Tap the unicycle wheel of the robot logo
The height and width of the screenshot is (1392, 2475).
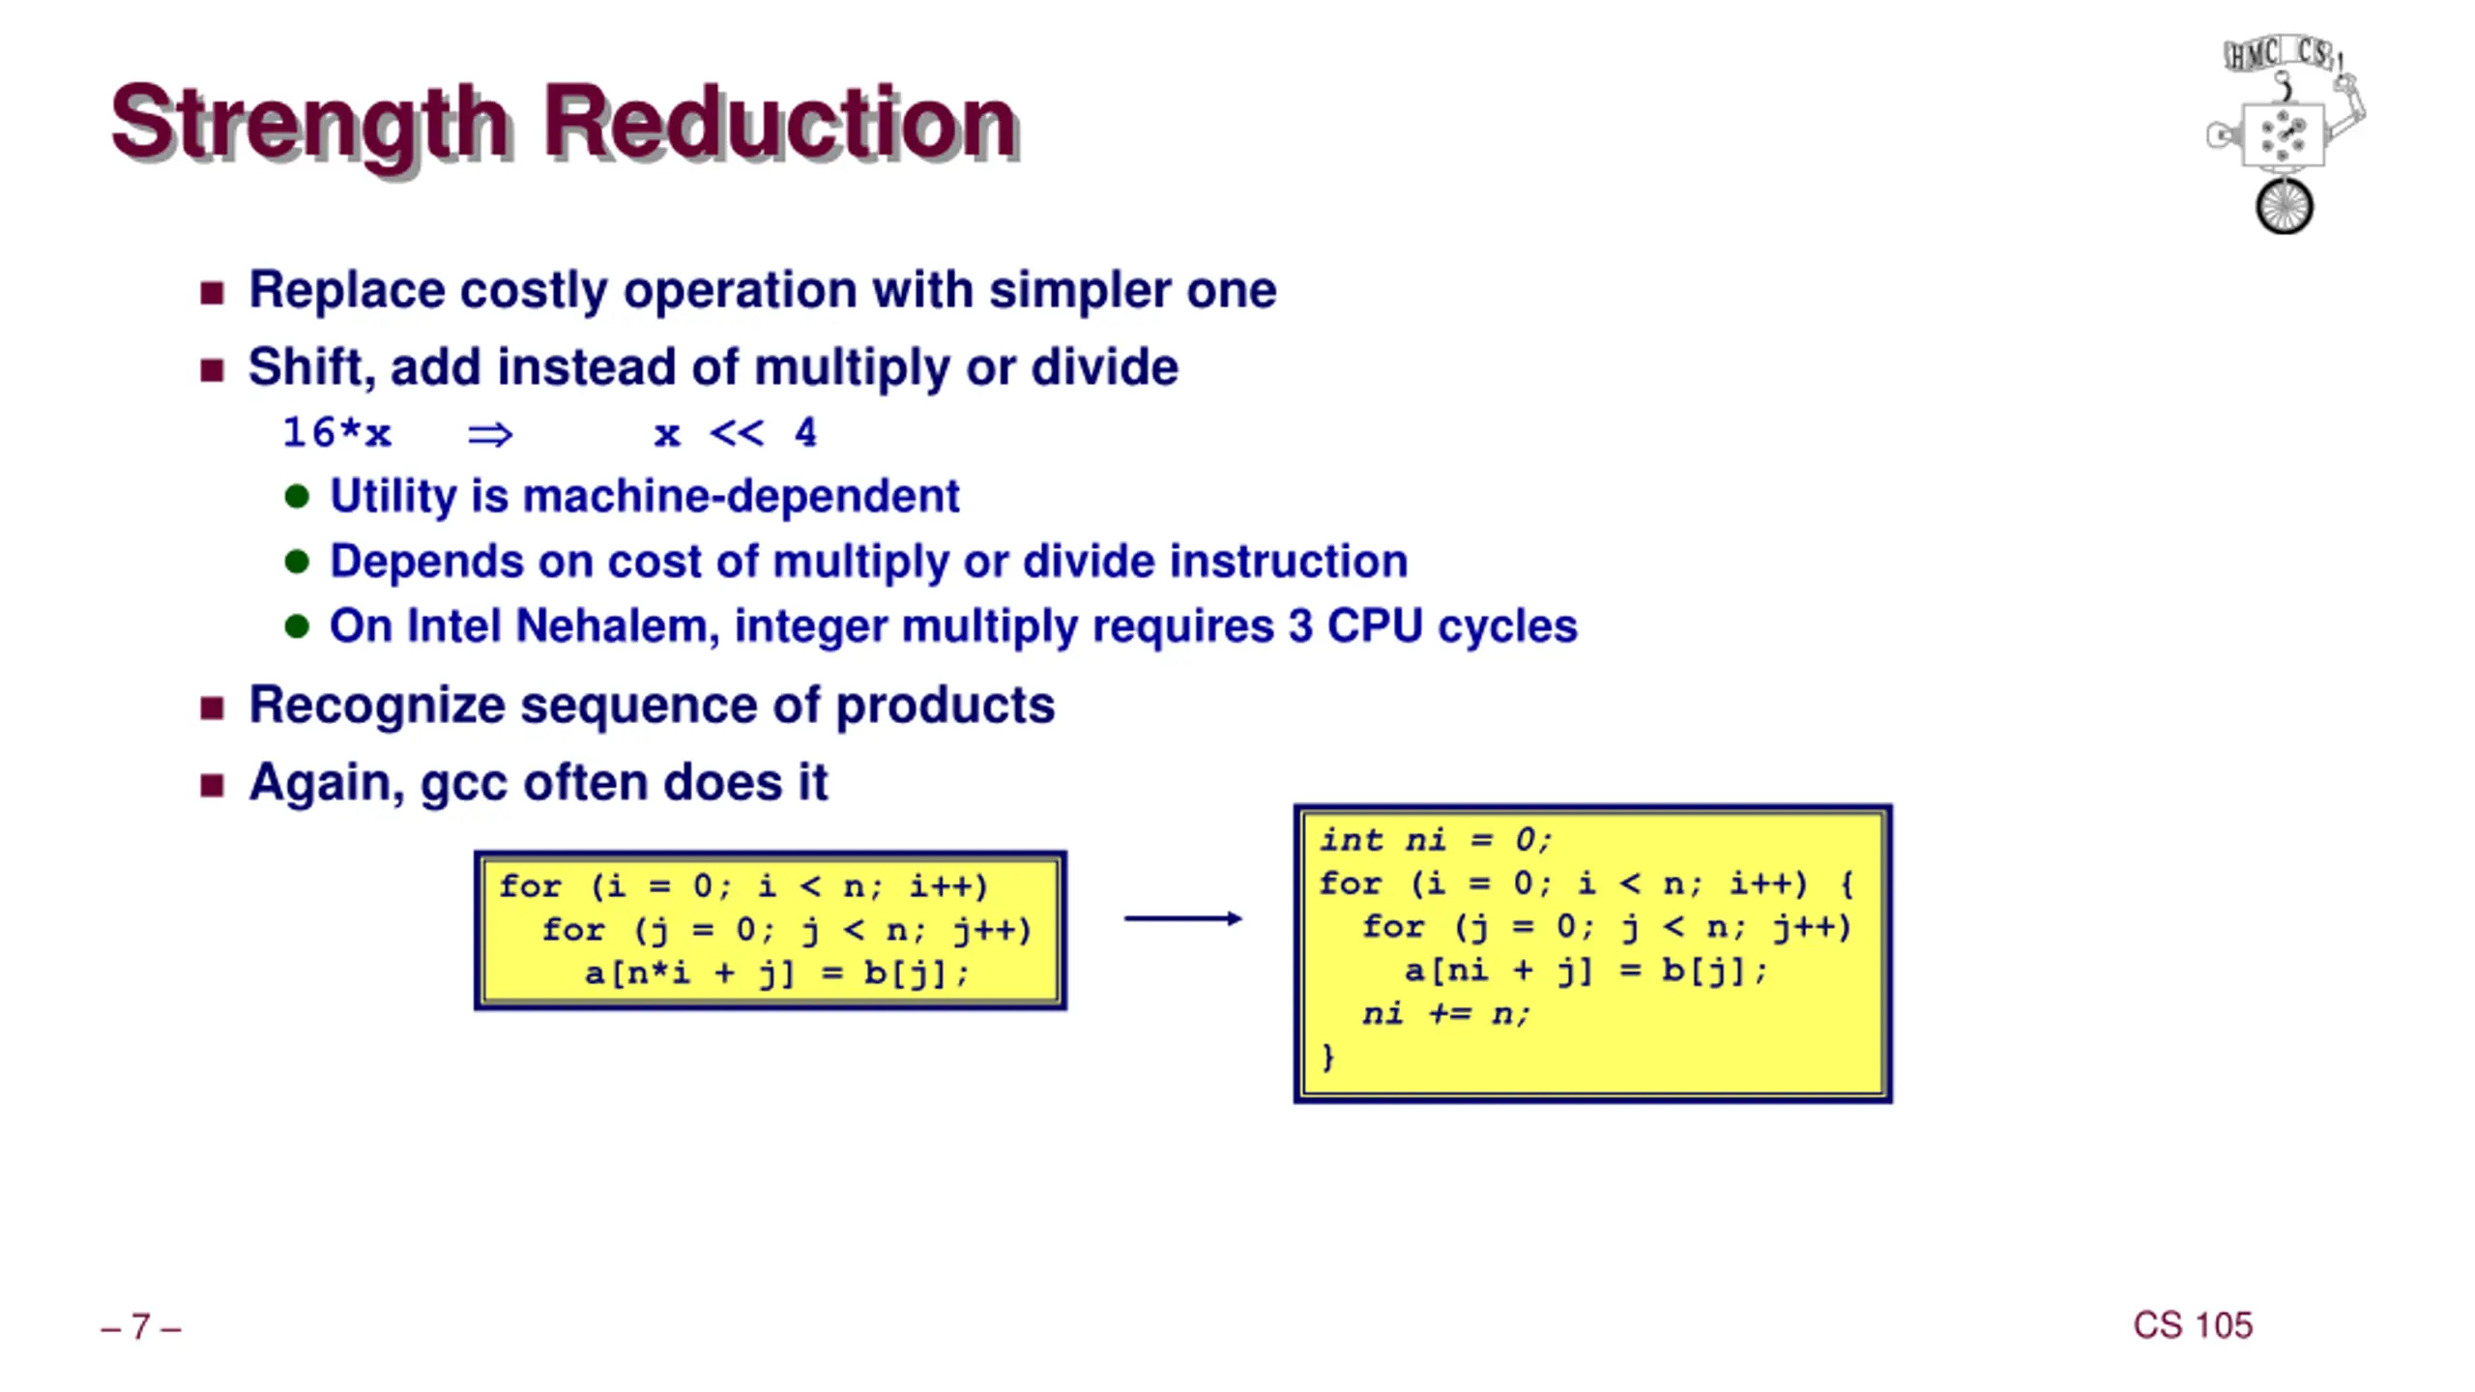(2284, 206)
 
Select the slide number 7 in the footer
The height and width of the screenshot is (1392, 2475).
(141, 1326)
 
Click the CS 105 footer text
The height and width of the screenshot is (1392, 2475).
(2192, 1325)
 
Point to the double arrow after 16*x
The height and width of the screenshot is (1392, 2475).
(490, 435)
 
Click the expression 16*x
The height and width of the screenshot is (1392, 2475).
(336, 433)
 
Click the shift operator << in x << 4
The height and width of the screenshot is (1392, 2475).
(736, 433)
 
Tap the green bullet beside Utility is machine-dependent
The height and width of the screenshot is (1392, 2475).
(297, 497)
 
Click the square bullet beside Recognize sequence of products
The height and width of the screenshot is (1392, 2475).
(212, 708)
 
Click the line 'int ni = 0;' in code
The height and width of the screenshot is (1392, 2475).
(1435, 840)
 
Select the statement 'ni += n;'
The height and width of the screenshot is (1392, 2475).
(1445, 1014)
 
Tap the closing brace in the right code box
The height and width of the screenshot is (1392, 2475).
(1328, 1057)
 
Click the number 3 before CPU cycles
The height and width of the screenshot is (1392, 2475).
(1300, 625)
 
